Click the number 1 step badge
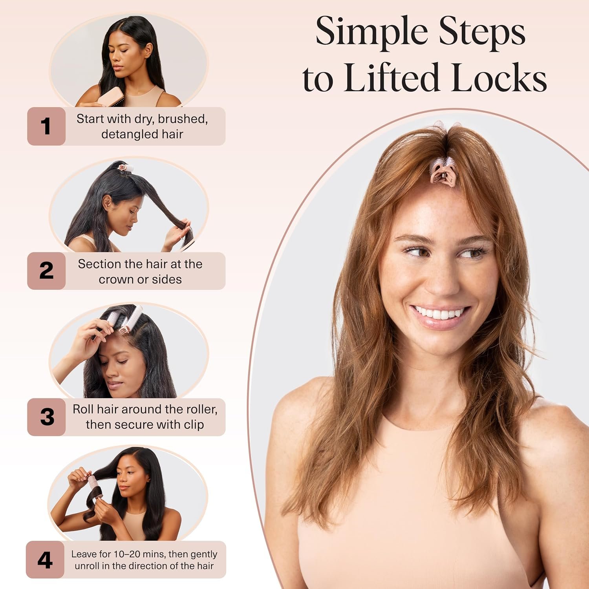[x=46, y=126]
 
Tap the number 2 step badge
[x=46, y=271]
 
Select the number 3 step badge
[x=46, y=417]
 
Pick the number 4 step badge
[x=45, y=560]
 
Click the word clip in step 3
[x=194, y=425]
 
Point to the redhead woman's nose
[x=442, y=275]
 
